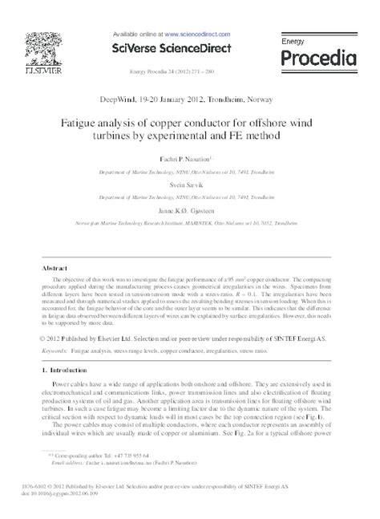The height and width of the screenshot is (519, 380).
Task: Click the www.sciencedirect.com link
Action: tap(199, 35)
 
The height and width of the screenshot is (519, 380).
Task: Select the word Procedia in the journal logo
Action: tap(318, 58)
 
